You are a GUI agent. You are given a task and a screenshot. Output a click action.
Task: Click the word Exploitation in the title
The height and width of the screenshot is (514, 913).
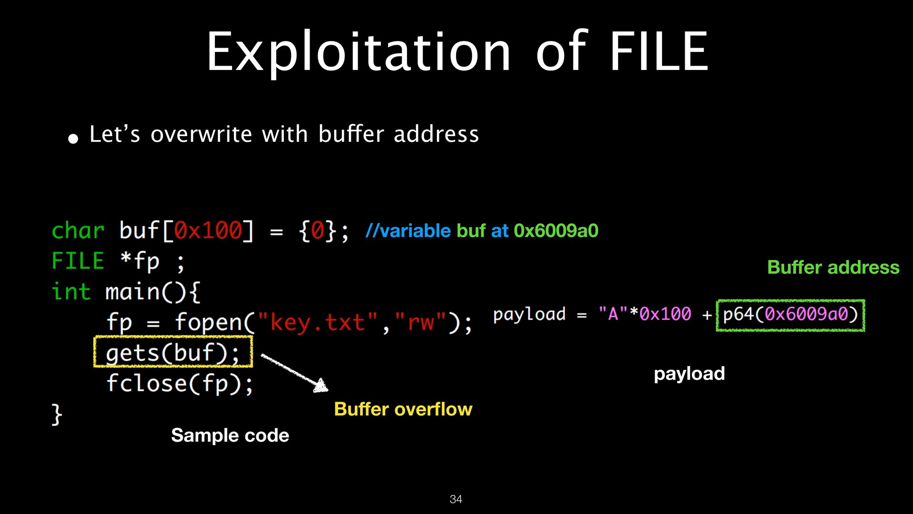pos(358,52)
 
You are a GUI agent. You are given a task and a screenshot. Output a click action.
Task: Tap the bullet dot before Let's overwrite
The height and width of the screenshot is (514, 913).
pos(73,138)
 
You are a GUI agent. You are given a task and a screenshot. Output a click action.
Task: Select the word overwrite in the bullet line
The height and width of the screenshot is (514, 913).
pos(201,134)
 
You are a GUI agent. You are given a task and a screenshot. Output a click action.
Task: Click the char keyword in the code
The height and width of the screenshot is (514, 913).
pos(78,231)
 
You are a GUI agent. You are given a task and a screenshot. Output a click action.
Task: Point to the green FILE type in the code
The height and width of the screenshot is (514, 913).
pos(78,261)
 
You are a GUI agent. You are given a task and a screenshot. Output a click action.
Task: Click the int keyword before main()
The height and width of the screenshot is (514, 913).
pos(71,292)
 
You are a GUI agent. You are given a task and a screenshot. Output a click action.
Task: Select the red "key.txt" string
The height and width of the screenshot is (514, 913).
pos(317,322)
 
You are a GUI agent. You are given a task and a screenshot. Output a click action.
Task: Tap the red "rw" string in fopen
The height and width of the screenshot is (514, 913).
pos(421,322)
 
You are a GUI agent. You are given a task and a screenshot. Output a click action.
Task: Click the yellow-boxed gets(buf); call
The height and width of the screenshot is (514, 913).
pos(173,352)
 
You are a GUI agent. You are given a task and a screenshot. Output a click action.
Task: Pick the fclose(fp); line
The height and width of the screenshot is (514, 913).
pos(180,383)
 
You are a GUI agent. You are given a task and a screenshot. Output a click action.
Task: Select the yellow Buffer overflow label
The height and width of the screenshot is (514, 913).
pos(403,409)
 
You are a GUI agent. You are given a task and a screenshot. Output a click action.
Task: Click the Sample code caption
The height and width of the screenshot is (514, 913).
pos(230,435)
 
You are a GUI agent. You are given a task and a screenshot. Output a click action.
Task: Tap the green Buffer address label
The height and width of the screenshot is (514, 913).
pos(833,267)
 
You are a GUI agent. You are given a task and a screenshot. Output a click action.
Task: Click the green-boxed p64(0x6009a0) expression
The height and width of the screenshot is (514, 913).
pos(790,315)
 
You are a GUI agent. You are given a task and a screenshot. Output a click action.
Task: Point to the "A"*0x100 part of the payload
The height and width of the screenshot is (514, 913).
pos(644,314)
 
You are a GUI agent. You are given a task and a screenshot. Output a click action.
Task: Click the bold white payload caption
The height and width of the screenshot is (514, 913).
pos(689,374)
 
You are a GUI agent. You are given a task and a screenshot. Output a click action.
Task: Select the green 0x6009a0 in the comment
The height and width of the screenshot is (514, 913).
pos(556,231)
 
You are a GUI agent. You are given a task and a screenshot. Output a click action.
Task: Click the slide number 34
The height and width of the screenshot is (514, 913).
pos(456,499)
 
